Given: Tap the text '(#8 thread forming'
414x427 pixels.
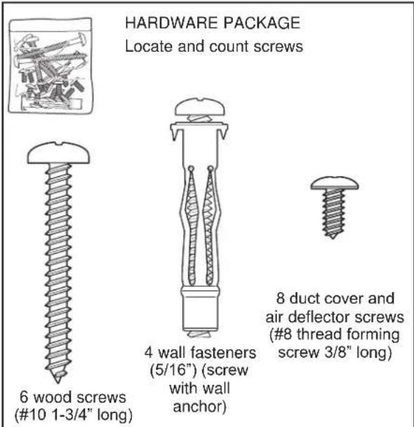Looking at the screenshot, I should point(338,333).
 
